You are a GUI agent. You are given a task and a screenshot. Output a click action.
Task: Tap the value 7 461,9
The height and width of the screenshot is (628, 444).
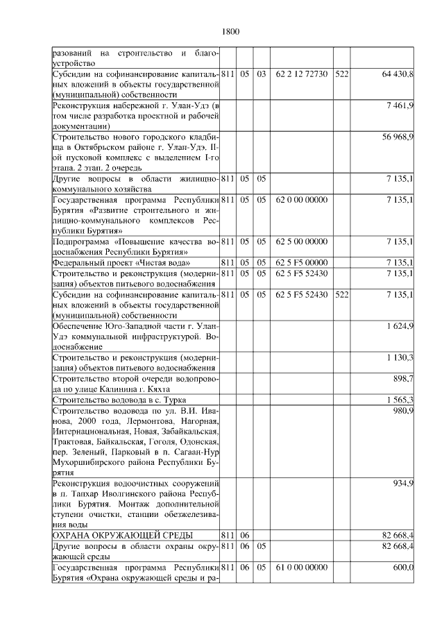click(400, 105)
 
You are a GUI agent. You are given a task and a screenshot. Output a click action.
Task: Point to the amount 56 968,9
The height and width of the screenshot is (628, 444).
click(398, 137)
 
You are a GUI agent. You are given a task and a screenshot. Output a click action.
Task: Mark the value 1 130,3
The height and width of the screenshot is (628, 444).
click(400, 357)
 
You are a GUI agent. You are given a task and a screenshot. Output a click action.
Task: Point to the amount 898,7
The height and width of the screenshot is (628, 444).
click(403, 378)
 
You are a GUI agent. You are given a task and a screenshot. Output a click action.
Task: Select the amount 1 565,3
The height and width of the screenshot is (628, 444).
click(400, 400)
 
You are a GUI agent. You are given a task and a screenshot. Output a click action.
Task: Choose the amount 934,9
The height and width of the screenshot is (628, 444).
click(403, 483)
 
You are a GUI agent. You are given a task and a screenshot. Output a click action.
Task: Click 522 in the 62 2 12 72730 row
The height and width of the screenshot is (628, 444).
click(341, 73)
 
